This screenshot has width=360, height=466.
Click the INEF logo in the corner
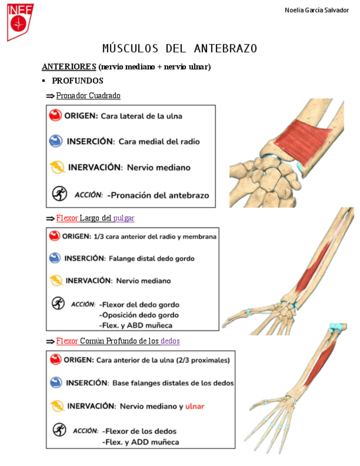(20, 21)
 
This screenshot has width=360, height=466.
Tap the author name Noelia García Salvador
(317, 10)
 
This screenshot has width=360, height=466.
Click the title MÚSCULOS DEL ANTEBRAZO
(180, 49)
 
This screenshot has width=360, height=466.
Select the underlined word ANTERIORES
(69, 66)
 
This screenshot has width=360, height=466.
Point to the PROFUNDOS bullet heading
(77, 81)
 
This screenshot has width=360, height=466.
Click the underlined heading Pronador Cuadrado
(88, 96)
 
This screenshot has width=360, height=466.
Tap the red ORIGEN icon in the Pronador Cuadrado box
(56, 115)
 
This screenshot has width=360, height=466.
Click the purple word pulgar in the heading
(124, 218)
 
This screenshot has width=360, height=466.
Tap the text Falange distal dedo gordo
(152, 258)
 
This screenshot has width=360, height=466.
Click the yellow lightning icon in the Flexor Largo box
(56, 281)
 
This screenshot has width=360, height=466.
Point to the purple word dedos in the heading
(170, 341)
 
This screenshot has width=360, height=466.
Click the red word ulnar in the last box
(195, 406)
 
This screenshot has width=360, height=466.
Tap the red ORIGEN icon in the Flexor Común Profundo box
(56, 360)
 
